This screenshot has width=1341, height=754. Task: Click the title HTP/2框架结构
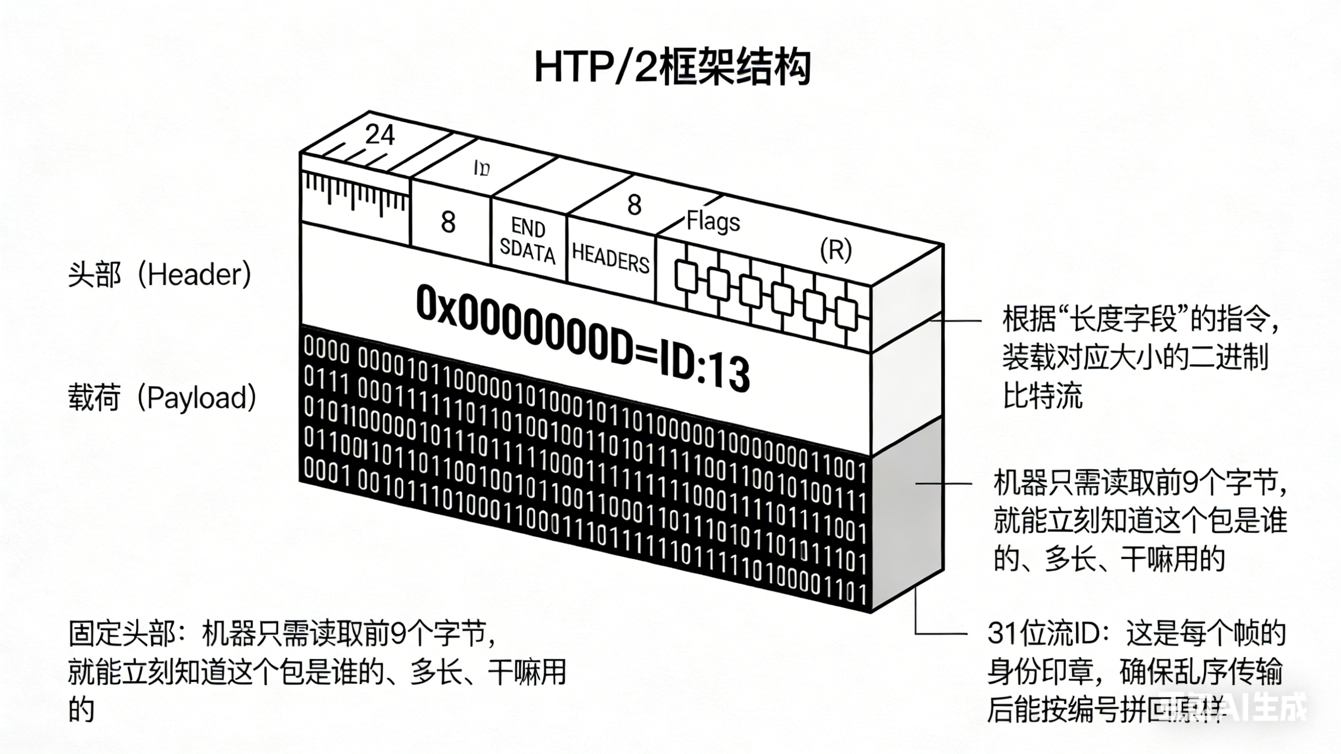click(671, 68)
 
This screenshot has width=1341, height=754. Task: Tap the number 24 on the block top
click(380, 135)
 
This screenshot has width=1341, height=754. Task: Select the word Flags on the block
click(713, 222)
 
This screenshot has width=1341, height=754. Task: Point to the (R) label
click(836, 250)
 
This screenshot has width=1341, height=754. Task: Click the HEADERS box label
click(611, 258)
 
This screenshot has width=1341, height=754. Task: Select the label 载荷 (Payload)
click(162, 398)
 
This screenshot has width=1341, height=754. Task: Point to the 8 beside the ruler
click(447, 223)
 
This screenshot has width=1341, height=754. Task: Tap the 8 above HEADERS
click(634, 205)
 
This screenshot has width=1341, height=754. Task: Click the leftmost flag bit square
click(686, 276)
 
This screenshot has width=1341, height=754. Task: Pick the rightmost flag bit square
click(846, 314)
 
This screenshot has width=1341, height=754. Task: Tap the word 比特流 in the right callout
click(1043, 396)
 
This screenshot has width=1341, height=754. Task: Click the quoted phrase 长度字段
click(1127, 319)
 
